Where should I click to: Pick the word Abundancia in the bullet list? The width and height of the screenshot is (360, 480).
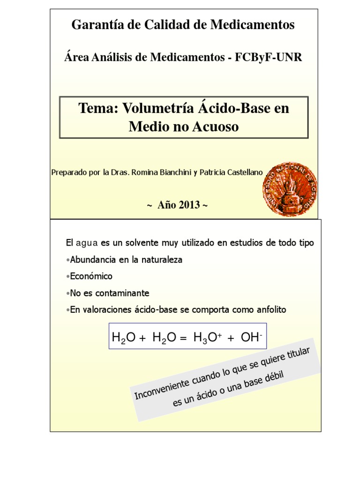pos(92,259)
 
